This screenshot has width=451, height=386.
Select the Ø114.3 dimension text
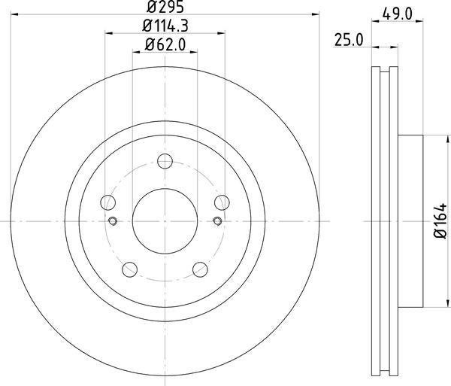click(x=165, y=27)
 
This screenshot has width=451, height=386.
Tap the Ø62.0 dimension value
click(x=165, y=44)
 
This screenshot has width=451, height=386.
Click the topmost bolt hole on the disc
click(x=165, y=160)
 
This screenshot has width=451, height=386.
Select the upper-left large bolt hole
click(x=108, y=202)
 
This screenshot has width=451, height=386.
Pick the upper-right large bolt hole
click(x=222, y=202)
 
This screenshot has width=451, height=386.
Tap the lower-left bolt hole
click(x=130, y=269)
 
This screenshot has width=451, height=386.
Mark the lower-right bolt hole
click(x=200, y=269)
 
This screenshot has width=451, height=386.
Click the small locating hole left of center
click(x=113, y=220)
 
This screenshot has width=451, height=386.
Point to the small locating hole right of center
click(x=217, y=220)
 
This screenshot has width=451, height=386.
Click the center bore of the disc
click(x=165, y=220)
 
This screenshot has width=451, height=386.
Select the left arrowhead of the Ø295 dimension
click(x=14, y=14)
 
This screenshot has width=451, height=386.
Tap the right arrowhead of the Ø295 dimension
click(x=316, y=14)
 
